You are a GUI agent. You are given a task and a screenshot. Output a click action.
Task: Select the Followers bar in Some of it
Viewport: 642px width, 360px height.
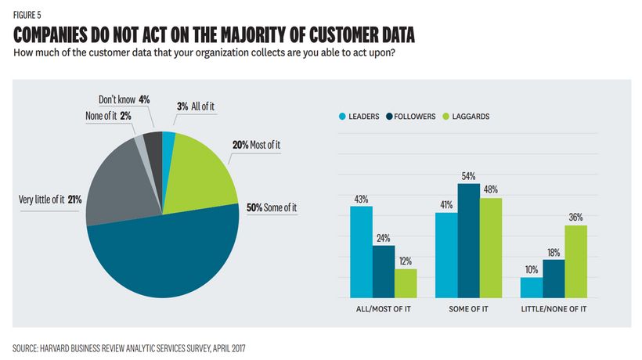(x=468, y=241)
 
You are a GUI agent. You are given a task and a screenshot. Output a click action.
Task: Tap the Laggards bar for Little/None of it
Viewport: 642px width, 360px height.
(x=576, y=261)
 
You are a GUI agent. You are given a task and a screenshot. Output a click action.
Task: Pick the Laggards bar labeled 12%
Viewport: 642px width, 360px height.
(x=406, y=283)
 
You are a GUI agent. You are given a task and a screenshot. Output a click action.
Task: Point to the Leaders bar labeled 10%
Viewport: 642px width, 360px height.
(x=532, y=287)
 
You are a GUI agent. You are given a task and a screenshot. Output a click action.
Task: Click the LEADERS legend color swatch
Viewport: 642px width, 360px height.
(x=341, y=117)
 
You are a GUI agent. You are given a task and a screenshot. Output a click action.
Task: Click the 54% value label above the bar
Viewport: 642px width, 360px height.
(x=468, y=177)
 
